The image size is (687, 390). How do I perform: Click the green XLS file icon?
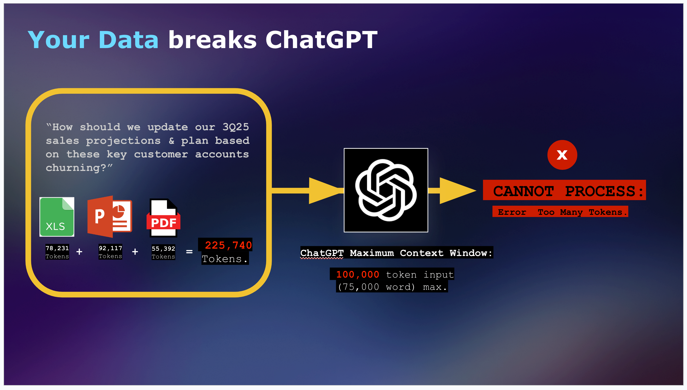[x=57, y=217]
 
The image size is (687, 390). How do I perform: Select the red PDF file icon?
[x=163, y=218]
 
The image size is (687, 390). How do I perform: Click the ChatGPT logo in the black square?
[x=386, y=190]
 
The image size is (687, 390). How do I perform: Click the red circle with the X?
[x=562, y=155]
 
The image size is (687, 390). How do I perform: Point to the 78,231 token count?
[x=57, y=248]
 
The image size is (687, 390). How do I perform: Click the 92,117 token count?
[x=110, y=248]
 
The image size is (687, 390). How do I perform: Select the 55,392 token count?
[x=163, y=249]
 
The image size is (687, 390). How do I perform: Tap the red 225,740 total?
[x=228, y=245]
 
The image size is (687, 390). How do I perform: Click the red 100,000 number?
[x=358, y=274]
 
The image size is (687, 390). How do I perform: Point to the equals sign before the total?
[x=189, y=252]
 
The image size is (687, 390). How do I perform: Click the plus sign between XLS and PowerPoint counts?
[x=79, y=252]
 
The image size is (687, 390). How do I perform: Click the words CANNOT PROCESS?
[x=564, y=191]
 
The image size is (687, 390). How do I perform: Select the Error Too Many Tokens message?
[x=560, y=212]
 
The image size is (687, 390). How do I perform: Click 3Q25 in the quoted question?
[x=235, y=127]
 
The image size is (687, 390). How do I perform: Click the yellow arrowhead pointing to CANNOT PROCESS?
[x=457, y=191]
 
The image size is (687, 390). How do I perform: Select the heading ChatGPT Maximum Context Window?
[x=396, y=253]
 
